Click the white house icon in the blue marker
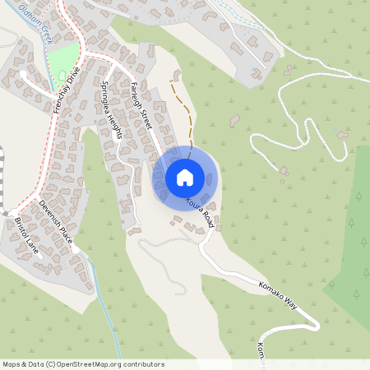coord(185,177)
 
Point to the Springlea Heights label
coord(111,111)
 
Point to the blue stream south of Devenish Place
coord(107,312)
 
